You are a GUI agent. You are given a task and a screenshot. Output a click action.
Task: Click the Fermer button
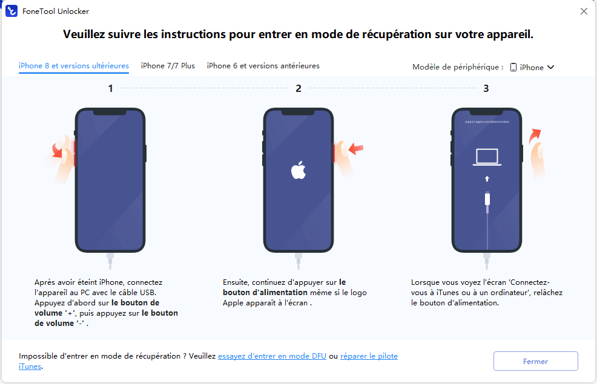coord(536,361)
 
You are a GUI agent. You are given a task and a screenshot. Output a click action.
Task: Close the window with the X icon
coord(584,11)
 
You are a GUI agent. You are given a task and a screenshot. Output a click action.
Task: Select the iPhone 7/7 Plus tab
coord(168,66)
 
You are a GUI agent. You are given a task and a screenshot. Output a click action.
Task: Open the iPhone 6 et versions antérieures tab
coord(263,66)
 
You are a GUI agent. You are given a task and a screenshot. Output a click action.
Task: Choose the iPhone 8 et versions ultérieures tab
coord(74,66)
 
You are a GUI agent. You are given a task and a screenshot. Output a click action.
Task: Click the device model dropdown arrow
coord(550,67)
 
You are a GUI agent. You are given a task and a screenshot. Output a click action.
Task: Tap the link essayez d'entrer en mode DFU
coord(272,356)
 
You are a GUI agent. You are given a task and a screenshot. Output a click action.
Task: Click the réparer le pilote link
coord(369,356)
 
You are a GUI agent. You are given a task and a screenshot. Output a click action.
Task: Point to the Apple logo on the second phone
coord(298,170)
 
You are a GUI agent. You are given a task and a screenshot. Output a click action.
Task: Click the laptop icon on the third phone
coord(487,157)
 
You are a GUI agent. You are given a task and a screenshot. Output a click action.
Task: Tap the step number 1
coord(110,88)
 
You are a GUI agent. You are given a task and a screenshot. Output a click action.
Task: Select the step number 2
coord(298,88)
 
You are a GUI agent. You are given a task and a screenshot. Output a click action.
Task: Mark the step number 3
coord(486,88)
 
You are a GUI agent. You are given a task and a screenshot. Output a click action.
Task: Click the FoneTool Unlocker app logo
coord(12,11)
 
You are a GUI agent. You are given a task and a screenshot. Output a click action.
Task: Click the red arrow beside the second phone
coord(356,148)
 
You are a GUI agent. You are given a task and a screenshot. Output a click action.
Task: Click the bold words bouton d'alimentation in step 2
coord(265,292)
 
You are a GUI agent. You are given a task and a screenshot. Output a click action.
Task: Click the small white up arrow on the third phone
coord(487,178)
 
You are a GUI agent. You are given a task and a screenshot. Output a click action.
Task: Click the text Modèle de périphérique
coord(455,67)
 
